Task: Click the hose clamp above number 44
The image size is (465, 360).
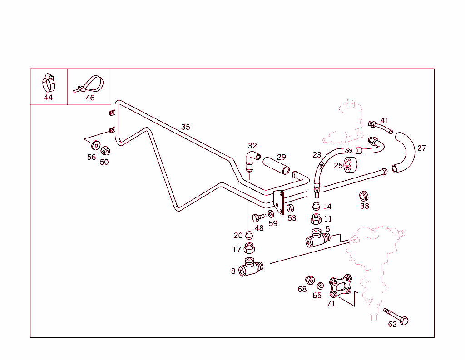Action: click(x=48, y=82)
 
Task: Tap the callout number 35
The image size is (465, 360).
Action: click(x=186, y=127)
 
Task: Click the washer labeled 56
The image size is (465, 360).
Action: click(x=96, y=146)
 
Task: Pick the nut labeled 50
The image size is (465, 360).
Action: click(x=105, y=151)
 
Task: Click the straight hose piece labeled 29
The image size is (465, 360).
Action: click(x=276, y=165)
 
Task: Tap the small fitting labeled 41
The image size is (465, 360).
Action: click(x=380, y=128)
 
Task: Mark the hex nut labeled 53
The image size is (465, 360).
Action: click(x=291, y=208)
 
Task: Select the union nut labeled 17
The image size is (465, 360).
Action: click(x=249, y=248)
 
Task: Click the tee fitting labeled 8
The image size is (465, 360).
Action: click(x=250, y=267)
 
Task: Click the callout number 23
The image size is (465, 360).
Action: click(x=317, y=155)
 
